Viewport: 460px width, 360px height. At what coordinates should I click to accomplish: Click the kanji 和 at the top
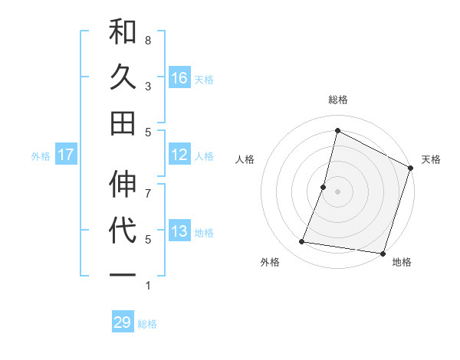tap(123, 33)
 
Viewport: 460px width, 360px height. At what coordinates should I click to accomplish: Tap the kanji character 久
tap(123, 77)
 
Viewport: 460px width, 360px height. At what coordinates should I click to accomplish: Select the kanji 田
tap(123, 123)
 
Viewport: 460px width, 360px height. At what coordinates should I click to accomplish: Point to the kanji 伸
tap(123, 185)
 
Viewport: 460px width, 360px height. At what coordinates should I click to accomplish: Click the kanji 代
tap(123, 231)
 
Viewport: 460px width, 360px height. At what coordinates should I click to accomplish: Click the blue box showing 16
tap(179, 77)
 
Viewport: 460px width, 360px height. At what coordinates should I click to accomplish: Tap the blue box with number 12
tap(179, 155)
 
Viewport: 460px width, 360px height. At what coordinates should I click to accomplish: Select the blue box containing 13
tap(179, 231)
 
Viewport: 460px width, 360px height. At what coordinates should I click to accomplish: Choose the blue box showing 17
tap(65, 155)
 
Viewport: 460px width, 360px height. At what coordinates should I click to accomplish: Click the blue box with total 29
tap(123, 322)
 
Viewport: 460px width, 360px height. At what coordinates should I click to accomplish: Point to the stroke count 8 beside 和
tap(148, 40)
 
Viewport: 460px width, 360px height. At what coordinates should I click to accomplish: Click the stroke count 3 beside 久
tap(148, 87)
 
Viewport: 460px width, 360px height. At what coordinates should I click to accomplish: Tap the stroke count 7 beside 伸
tap(148, 185)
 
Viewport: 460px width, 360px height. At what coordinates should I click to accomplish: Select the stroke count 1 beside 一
tap(148, 286)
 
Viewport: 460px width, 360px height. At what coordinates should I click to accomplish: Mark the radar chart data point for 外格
tap(302, 242)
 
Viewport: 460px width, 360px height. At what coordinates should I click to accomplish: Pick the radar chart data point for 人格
tap(324, 187)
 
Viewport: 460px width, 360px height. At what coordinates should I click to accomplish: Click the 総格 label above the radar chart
tap(337, 100)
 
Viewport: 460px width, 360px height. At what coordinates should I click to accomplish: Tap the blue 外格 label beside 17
tap(41, 155)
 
